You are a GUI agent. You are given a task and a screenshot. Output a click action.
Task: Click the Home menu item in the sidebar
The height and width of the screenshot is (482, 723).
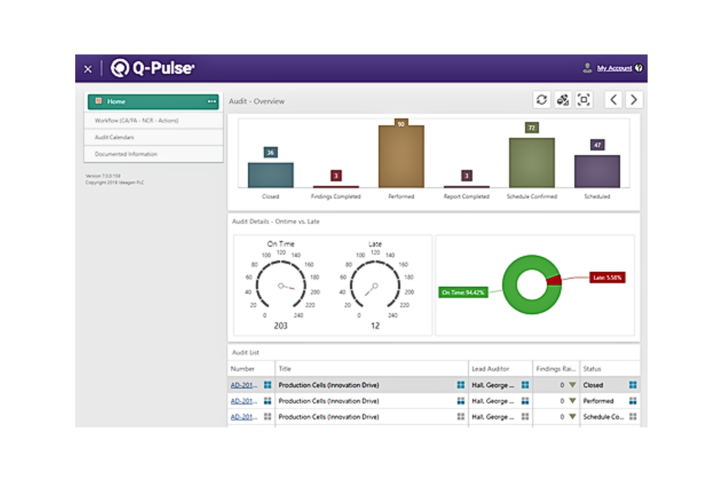pos(116,102)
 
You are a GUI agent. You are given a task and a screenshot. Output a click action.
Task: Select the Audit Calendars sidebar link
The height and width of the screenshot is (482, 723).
pos(114,137)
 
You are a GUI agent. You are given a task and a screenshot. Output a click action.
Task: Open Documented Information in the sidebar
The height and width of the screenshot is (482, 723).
pos(126,154)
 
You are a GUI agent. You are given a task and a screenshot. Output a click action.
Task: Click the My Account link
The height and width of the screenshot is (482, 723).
pos(614,68)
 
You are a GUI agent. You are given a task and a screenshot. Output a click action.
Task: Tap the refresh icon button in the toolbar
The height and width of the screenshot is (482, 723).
pos(542,100)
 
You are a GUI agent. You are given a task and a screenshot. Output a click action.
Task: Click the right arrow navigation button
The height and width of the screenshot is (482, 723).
pos(634,100)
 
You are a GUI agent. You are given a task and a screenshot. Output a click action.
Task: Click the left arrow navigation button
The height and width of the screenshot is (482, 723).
pos(614,100)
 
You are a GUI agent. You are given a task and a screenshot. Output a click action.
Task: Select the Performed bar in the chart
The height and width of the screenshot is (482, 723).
pos(401,156)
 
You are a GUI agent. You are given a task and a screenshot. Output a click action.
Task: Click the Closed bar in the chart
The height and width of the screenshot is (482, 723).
pos(271,175)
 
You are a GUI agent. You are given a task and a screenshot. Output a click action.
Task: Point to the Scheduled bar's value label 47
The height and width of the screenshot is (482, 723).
pos(597,145)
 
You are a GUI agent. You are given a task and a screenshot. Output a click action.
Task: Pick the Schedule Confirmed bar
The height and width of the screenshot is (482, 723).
pos(532,163)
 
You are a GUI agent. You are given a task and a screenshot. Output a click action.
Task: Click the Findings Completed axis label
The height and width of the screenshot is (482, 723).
pos(336,196)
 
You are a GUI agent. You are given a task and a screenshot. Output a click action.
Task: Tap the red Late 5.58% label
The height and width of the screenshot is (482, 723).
pos(607,278)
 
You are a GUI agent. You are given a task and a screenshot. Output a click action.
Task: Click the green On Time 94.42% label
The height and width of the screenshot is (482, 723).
pos(463,293)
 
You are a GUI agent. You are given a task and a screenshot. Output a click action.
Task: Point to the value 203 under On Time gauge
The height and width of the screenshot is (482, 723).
pos(280,326)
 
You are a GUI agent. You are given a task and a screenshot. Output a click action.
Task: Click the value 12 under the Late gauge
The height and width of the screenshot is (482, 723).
pos(375,326)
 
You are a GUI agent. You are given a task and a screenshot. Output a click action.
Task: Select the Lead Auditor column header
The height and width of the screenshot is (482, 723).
pos(490,369)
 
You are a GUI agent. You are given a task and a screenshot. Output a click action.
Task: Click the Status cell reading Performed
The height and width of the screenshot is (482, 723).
pos(598,401)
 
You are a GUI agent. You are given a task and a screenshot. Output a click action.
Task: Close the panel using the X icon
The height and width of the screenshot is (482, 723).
pos(88,69)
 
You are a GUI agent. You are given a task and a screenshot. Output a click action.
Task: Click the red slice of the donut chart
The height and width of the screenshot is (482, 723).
pos(554,280)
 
